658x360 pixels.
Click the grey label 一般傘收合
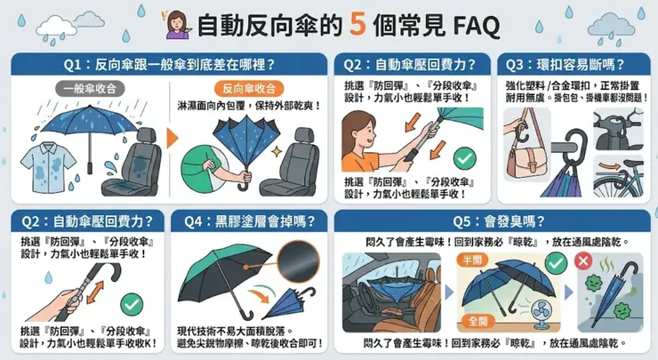pos(86,89)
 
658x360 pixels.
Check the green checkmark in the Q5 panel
pos(556,261)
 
